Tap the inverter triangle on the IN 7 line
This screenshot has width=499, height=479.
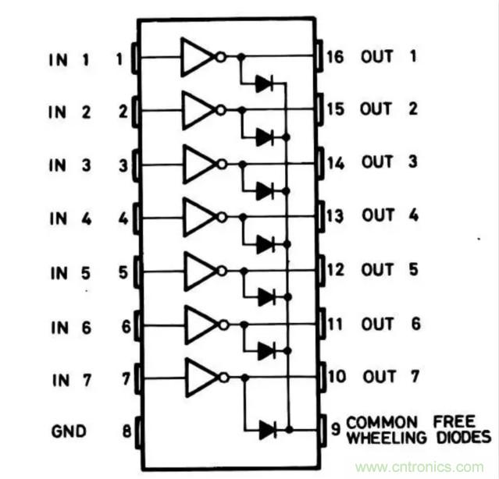click(197, 378)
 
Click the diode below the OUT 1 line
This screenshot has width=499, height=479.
click(265, 83)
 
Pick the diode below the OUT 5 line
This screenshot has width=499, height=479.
click(265, 296)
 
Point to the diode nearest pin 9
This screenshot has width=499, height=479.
click(268, 428)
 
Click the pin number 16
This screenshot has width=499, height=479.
click(335, 57)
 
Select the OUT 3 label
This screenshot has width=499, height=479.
click(388, 163)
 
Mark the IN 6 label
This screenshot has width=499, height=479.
click(73, 325)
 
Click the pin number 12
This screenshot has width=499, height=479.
click(335, 270)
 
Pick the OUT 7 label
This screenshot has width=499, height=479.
click(388, 377)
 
